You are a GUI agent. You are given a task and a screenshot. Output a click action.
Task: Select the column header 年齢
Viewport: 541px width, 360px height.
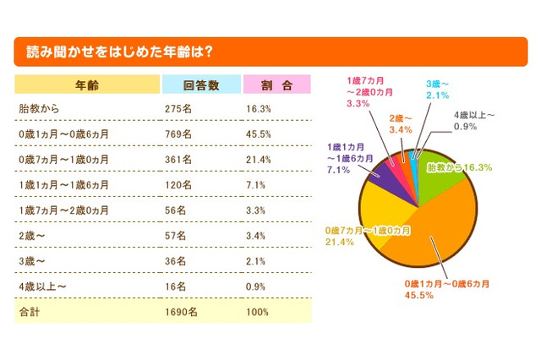tap(87, 85)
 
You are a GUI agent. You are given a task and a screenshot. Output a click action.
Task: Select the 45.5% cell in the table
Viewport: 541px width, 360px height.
tap(258, 134)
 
